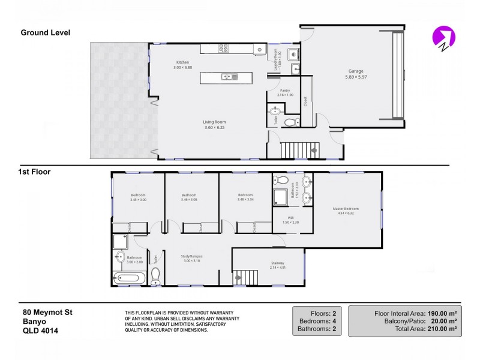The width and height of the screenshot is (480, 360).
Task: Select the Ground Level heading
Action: coord(46,32)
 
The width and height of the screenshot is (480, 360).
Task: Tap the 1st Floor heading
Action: coord(34,172)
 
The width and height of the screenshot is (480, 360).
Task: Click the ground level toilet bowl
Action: coord(290,122)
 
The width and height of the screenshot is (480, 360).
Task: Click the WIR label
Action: coord(290,219)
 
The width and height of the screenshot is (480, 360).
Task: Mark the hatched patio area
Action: coord(119,99)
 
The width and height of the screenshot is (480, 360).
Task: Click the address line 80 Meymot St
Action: coord(47,312)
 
